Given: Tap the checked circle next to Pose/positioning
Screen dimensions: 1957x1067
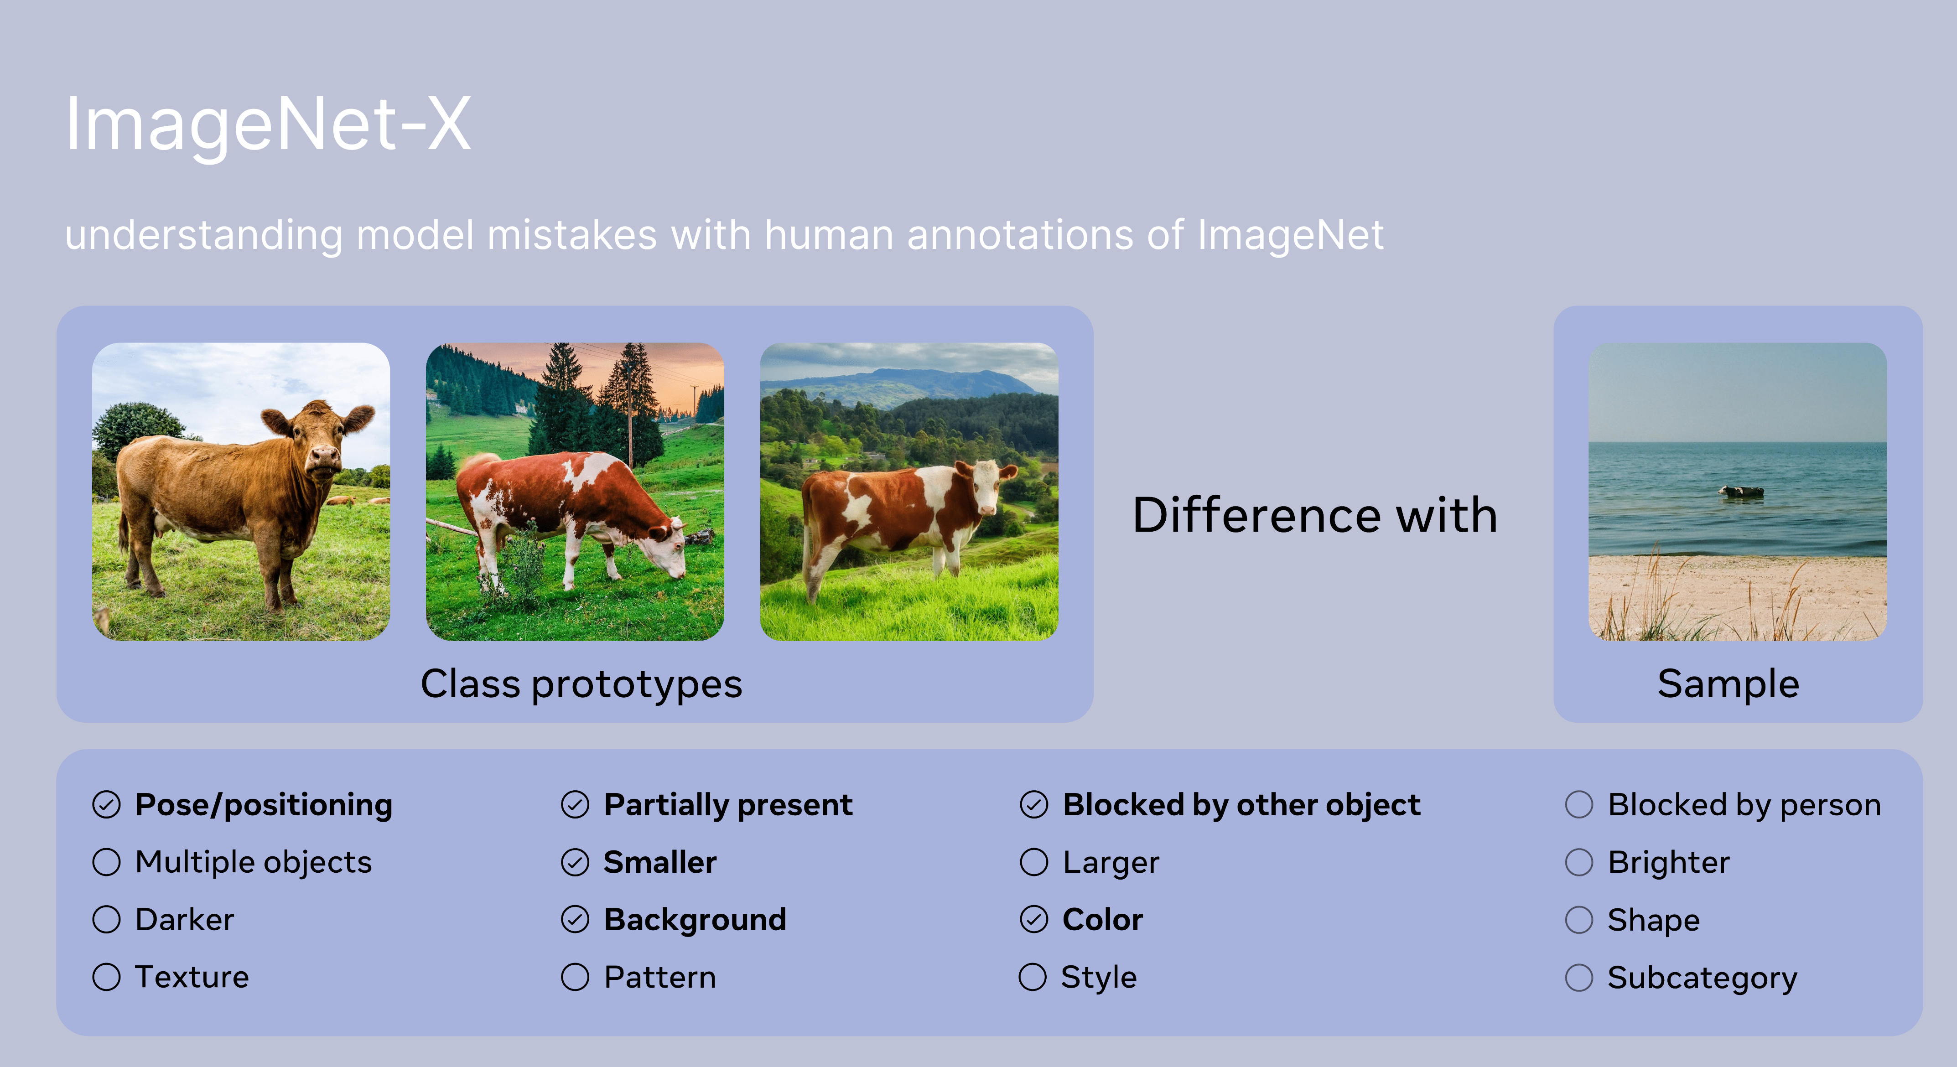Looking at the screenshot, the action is coord(106,805).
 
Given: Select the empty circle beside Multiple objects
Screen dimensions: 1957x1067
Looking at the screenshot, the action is coord(106,862).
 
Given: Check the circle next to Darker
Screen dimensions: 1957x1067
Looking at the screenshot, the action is coord(106,920).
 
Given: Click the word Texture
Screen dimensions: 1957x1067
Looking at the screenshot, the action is coord(192,977).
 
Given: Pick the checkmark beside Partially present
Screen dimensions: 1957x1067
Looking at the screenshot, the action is coord(575,805).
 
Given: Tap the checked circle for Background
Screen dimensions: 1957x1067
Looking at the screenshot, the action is coord(575,920).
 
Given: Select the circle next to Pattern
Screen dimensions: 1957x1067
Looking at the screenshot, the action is coord(575,977).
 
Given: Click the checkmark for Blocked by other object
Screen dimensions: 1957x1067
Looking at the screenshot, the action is coord(1034,805).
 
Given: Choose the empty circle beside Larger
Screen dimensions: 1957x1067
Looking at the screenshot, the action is coord(1034,862).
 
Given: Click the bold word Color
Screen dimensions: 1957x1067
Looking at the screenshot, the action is coord(1102,920).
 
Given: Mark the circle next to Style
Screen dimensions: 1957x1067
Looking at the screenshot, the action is coord(1033,977).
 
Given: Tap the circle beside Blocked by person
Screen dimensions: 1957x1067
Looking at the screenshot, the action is coord(1578,805).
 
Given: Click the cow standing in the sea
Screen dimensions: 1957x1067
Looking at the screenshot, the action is coord(1741,492).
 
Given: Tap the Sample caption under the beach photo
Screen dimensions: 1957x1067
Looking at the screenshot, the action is coord(1729,684).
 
